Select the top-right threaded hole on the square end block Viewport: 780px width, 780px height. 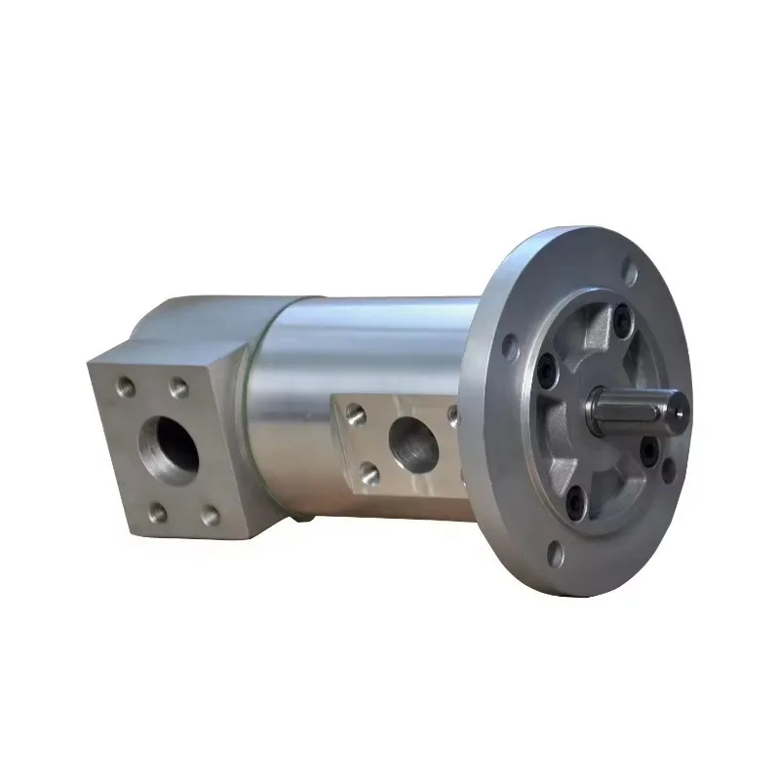177,388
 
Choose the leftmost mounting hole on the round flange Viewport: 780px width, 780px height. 508,345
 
